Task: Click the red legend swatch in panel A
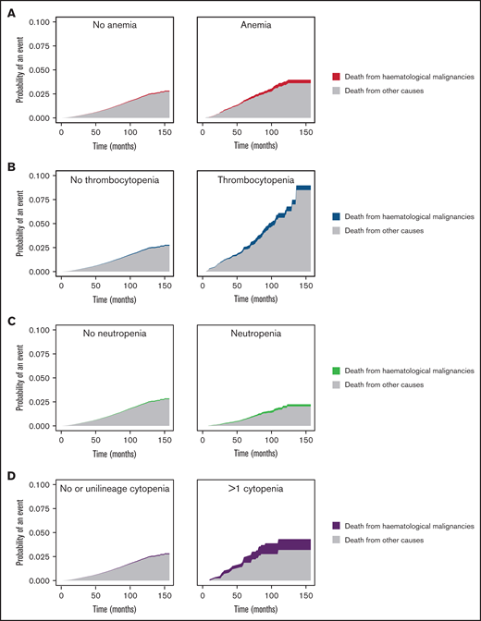click(x=339, y=78)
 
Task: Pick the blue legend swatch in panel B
click(x=339, y=217)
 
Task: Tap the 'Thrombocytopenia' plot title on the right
click(x=257, y=181)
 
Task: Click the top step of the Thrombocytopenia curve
click(x=303, y=189)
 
